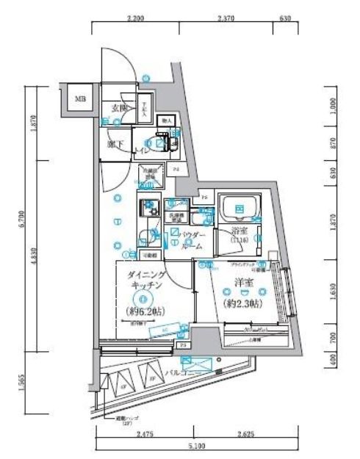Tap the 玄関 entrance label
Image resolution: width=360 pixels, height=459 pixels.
coord(118,108)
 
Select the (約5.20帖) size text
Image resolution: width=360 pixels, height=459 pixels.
coord(142,312)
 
